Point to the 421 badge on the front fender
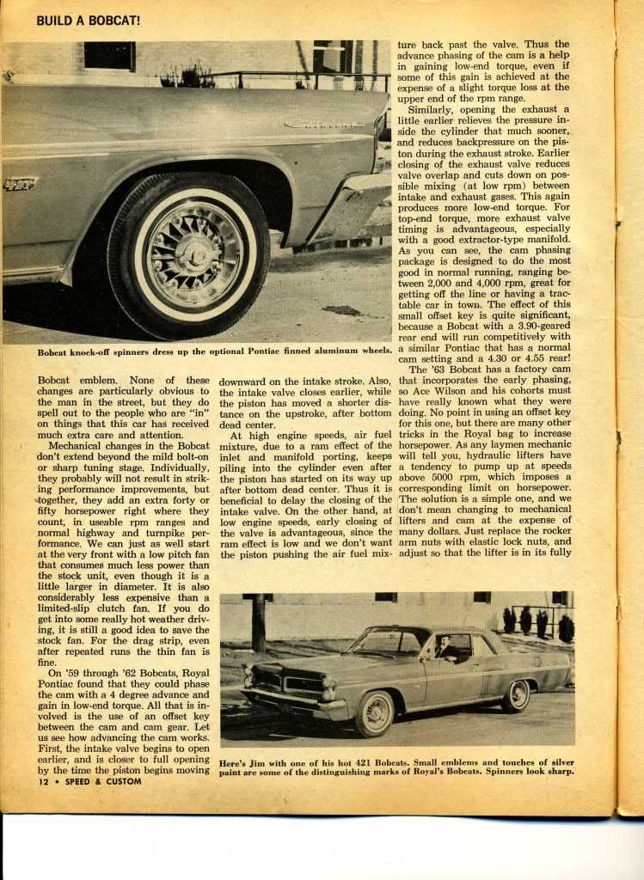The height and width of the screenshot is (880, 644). coord(19,183)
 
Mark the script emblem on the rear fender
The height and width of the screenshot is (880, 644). coord(324,124)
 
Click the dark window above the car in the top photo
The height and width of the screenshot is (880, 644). coord(109,55)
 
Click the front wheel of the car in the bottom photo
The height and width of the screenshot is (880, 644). coord(374,713)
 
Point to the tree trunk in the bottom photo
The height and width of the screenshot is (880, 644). coord(259,622)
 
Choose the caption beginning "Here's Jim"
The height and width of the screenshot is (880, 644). coord(396,767)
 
